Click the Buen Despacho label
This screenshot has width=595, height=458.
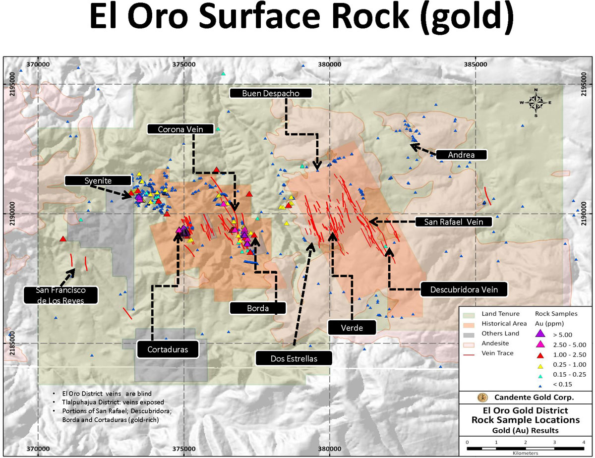[271, 93]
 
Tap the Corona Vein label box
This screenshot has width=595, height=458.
[182, 129]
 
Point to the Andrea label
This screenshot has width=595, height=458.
[461, 155]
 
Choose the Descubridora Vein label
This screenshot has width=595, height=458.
[466, 289]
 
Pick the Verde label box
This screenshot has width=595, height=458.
[352, 328]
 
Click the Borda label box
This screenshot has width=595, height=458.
[258, 308]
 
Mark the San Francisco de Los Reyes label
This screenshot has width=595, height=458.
[60, 294]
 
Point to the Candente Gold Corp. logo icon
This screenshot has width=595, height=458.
[480, 397]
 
